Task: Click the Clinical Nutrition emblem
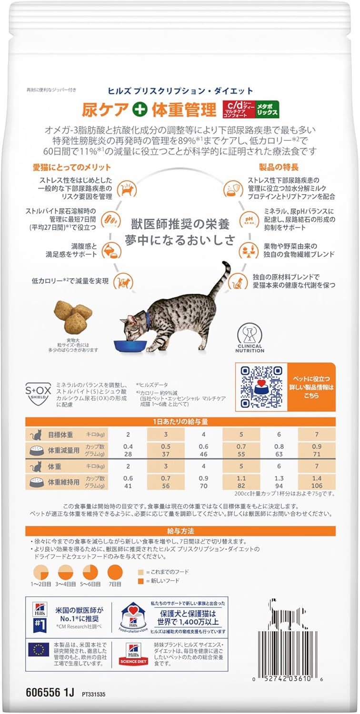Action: pyautogui.click(x=249, y=333)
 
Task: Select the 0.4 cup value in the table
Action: pyautogui.click(x=128, y=446)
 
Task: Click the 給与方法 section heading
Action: pyautogui.click(x=180, y=531)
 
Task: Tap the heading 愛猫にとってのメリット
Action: pyautogui.click(x=72, y=167)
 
